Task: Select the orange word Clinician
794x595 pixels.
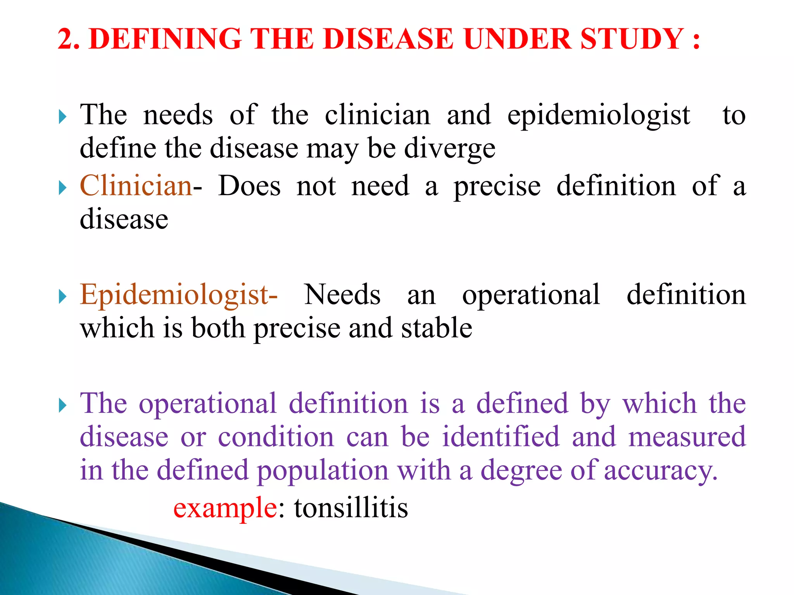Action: pos(136,186)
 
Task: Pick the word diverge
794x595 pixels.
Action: pos(450,149)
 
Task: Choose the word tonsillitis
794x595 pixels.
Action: pos(351,508)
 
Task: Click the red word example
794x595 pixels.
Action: pos(225,509)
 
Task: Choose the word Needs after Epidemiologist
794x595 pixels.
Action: pos(342,295)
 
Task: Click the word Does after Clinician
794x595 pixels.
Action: pos(249,186)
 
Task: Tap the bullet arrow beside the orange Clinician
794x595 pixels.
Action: pos(63,188)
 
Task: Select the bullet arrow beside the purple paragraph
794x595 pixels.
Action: pos(63,406)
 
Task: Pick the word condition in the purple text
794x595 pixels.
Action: pos(276,437)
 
